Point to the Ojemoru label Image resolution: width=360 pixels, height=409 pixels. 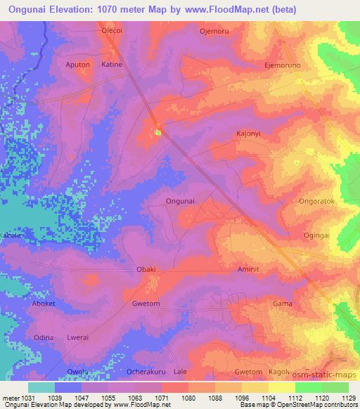[215, 31]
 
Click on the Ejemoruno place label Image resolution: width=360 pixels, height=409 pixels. [282, 65]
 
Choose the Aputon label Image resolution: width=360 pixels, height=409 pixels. [77, 65]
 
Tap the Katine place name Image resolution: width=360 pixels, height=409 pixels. [112, 65]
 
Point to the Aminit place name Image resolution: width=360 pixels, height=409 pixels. [250, 269]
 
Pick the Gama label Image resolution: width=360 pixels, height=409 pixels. [282, 304]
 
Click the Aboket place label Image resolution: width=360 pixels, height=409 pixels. [44, 304]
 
